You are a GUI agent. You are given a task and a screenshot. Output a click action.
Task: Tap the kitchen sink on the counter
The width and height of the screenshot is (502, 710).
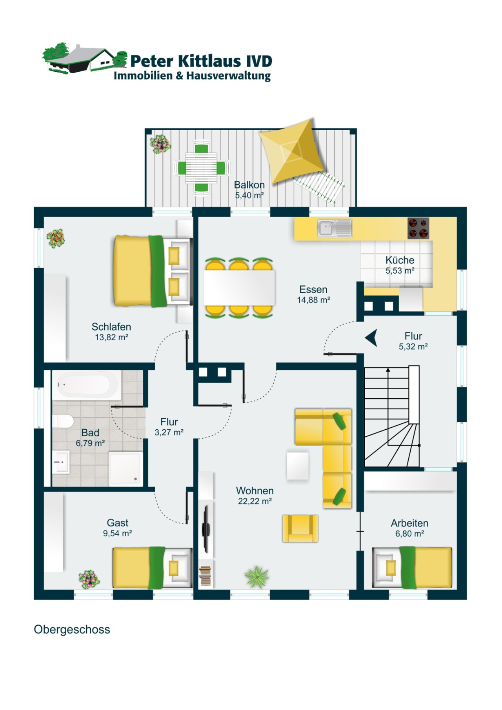tap(335, 228)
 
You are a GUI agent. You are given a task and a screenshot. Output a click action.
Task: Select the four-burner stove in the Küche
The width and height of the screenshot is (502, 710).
tap(418, 228)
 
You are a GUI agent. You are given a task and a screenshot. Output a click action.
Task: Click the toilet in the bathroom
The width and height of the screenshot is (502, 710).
tap(63, 421)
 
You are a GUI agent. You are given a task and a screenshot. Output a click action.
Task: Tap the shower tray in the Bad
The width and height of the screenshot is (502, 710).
tap(125, 468)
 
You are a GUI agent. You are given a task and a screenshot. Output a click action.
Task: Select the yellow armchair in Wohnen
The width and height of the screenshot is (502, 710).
tap(300, 528)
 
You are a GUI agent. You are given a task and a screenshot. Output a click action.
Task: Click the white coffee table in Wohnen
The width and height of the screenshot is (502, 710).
tap(298, 466)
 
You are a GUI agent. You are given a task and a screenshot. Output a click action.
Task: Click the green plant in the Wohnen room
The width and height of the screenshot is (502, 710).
tap(257, 577)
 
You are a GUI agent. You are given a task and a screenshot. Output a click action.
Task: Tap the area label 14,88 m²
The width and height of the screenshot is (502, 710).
tap(313, 300)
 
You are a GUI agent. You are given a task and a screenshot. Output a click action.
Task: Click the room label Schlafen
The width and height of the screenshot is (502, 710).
tap(111, 327)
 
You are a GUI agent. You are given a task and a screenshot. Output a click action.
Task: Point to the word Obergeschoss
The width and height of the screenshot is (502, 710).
tap(72, 630)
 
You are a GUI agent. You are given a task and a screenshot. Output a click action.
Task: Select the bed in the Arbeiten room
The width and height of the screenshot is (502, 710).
tap(412, 567)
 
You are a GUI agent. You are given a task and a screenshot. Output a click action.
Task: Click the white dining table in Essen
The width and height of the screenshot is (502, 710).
tap(239, 287)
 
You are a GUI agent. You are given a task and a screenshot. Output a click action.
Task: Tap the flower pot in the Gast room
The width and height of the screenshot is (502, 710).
tap(89, 579)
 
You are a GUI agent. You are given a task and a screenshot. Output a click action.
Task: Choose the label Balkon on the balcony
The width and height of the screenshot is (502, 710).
tap(249, 185)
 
